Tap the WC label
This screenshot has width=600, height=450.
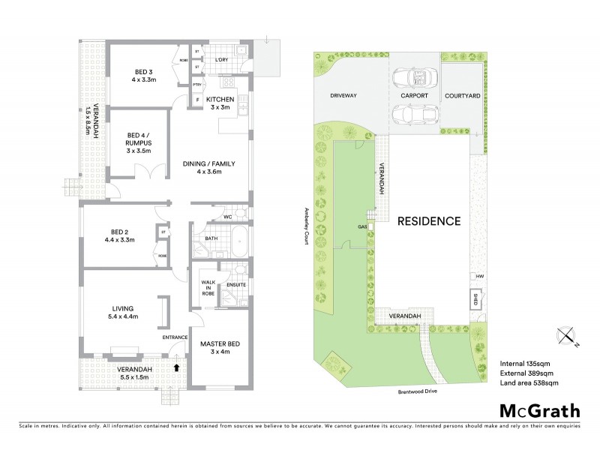tap(226, 217)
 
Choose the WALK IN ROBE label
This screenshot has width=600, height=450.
tap(208, 288)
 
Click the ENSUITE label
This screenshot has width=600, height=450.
tap(237, 284)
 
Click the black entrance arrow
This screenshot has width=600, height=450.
tap(176, 367)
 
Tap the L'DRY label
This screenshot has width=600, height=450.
tap(221, 58)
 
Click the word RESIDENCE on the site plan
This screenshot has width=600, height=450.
tap(428, 221)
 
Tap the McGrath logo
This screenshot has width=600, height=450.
tap(540, 410)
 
